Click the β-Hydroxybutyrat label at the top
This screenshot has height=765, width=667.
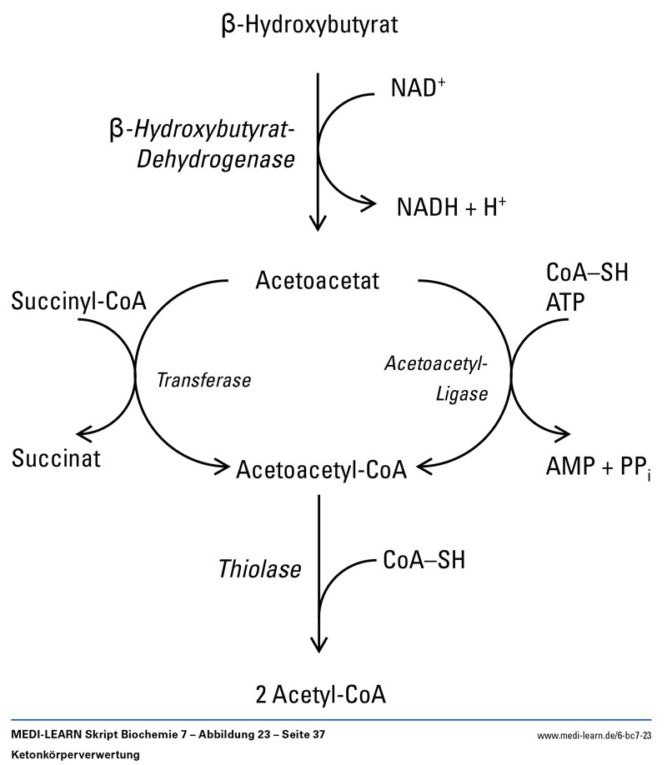309,26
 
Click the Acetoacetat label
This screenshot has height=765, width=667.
317,280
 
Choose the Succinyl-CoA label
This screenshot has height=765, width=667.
79,301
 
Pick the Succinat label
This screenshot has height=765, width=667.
57,457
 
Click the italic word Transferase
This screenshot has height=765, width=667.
204,379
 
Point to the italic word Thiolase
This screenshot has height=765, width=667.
259,569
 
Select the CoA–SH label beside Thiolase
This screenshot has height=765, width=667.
424,561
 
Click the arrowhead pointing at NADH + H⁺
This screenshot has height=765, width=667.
365,202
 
